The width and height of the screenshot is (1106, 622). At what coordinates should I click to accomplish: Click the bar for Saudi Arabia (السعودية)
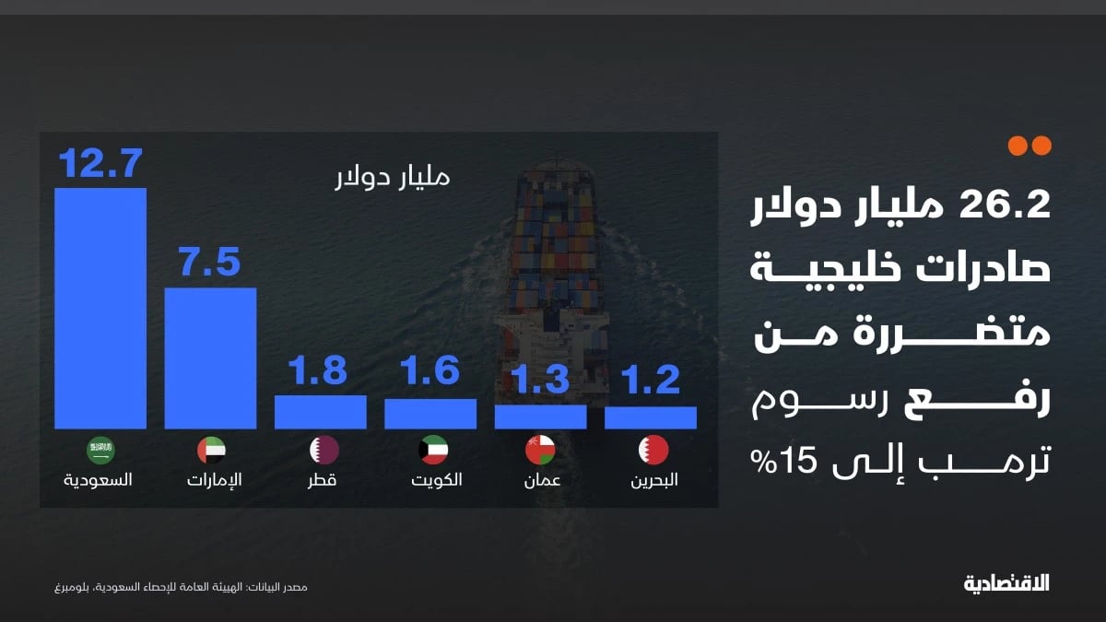(100, 309)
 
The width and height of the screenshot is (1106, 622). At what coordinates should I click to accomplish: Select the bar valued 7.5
(210, 358)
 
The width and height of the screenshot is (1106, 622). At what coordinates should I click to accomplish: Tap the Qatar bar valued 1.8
(321, 412)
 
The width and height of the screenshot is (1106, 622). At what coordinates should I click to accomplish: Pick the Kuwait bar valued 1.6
(430, 414)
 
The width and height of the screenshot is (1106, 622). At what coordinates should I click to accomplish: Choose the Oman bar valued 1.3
(541, 417)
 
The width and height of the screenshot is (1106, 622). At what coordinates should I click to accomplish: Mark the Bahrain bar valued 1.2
(651, 417)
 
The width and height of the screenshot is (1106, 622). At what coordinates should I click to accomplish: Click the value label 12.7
(100, 164)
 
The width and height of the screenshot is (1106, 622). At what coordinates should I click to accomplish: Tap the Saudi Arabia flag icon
(100, 451)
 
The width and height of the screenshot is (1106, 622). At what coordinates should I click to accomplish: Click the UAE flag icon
(210, 451)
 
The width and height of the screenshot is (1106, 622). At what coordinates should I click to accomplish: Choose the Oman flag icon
(541, 451)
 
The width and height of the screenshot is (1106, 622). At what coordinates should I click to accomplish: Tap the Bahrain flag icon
(653, 451)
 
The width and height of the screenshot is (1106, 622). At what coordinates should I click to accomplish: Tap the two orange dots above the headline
(1030, 146)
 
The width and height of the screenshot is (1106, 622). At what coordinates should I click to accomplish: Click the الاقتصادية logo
(1006, 583)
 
